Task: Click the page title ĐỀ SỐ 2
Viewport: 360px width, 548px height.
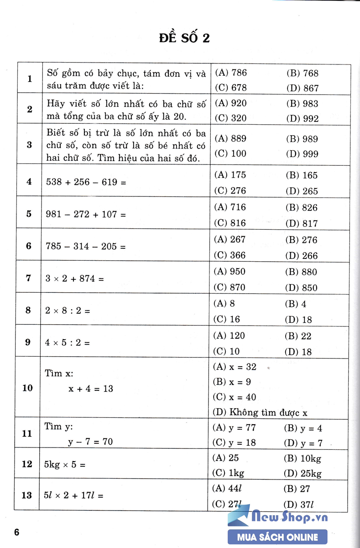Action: click(184, 38)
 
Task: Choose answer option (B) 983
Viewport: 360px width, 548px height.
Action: click(302, 104)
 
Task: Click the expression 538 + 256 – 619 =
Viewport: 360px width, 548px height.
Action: click(85, 182)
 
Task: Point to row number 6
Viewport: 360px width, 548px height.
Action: click(29, 246)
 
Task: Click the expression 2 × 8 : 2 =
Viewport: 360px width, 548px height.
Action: click(68, 311)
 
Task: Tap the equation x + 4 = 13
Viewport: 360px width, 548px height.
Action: click(91, 389)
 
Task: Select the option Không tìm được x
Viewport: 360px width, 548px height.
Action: click(260, 412)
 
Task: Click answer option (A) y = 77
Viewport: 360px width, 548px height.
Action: click(235, 428)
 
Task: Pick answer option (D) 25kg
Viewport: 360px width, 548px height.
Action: click(303, 473)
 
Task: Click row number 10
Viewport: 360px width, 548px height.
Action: click(27, 388)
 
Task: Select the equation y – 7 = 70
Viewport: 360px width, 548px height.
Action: click(91, 442)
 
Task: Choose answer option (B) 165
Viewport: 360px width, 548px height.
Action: click(302, 175)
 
